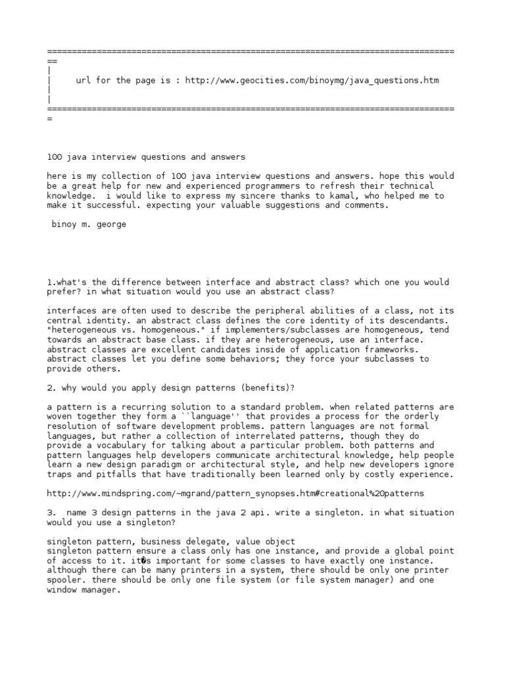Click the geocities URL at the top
[x=312, y=81]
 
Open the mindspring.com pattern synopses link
[x=235, y=493]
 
